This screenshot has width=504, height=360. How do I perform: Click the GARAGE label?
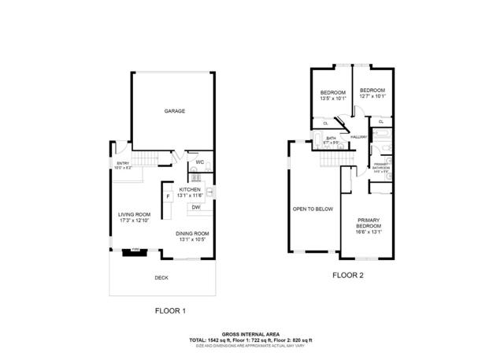point(174,111)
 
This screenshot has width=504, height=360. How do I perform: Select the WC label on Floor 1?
point(200,162)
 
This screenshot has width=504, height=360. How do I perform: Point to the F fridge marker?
point(167,195)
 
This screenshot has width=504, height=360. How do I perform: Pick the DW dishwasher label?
point(194,207)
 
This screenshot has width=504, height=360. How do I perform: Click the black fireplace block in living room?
point(128,253)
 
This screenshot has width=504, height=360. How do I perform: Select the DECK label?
point(161,277)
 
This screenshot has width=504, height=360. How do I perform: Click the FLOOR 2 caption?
point(347,275)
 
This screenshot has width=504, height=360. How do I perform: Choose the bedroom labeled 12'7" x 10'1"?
point(372,93)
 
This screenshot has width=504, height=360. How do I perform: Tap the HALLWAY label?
point(360,136)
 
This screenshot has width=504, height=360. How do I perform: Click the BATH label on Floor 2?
point(332,140)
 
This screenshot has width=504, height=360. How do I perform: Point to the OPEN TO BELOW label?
point(313,209)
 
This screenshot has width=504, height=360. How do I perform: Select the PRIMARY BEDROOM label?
point(369,226)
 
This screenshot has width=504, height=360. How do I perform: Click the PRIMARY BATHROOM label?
point(380,166)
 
